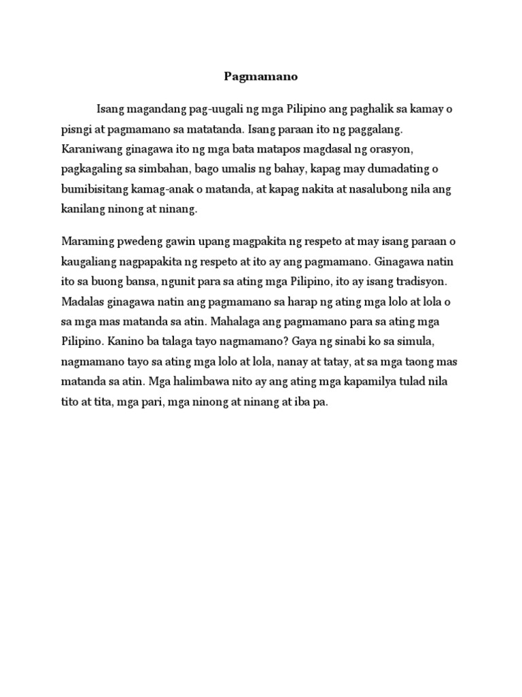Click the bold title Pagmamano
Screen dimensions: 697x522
(261, 76)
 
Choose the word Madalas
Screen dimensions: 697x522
(81, 301)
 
